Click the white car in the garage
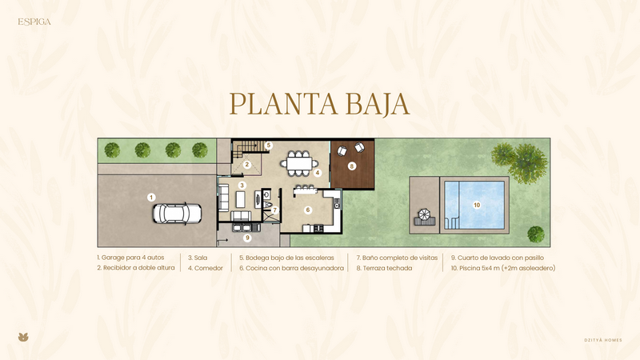[177, 214]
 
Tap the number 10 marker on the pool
[477, 205]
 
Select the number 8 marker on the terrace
[352, 166]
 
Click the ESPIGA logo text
[34, 22]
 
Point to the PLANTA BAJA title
[319, 104]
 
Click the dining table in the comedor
[299, 164]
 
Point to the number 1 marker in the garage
[151, 198]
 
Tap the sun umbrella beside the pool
[425, 214]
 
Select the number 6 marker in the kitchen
[308, 210]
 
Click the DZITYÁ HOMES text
[603, 340]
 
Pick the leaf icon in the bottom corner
[23, 337]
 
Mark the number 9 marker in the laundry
[246, 238]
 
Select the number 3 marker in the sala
[242, 186]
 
